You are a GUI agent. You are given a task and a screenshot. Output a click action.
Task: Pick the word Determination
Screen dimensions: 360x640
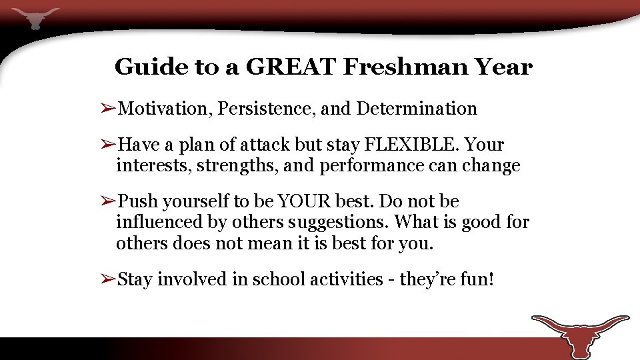[x=417, y=108]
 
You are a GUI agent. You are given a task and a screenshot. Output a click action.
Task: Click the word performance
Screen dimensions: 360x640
[x=370, y=166]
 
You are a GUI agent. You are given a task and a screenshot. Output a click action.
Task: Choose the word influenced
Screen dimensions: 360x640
[x=157, y=222]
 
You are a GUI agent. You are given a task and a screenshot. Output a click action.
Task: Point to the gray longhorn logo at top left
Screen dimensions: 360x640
[x=35, y=17]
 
